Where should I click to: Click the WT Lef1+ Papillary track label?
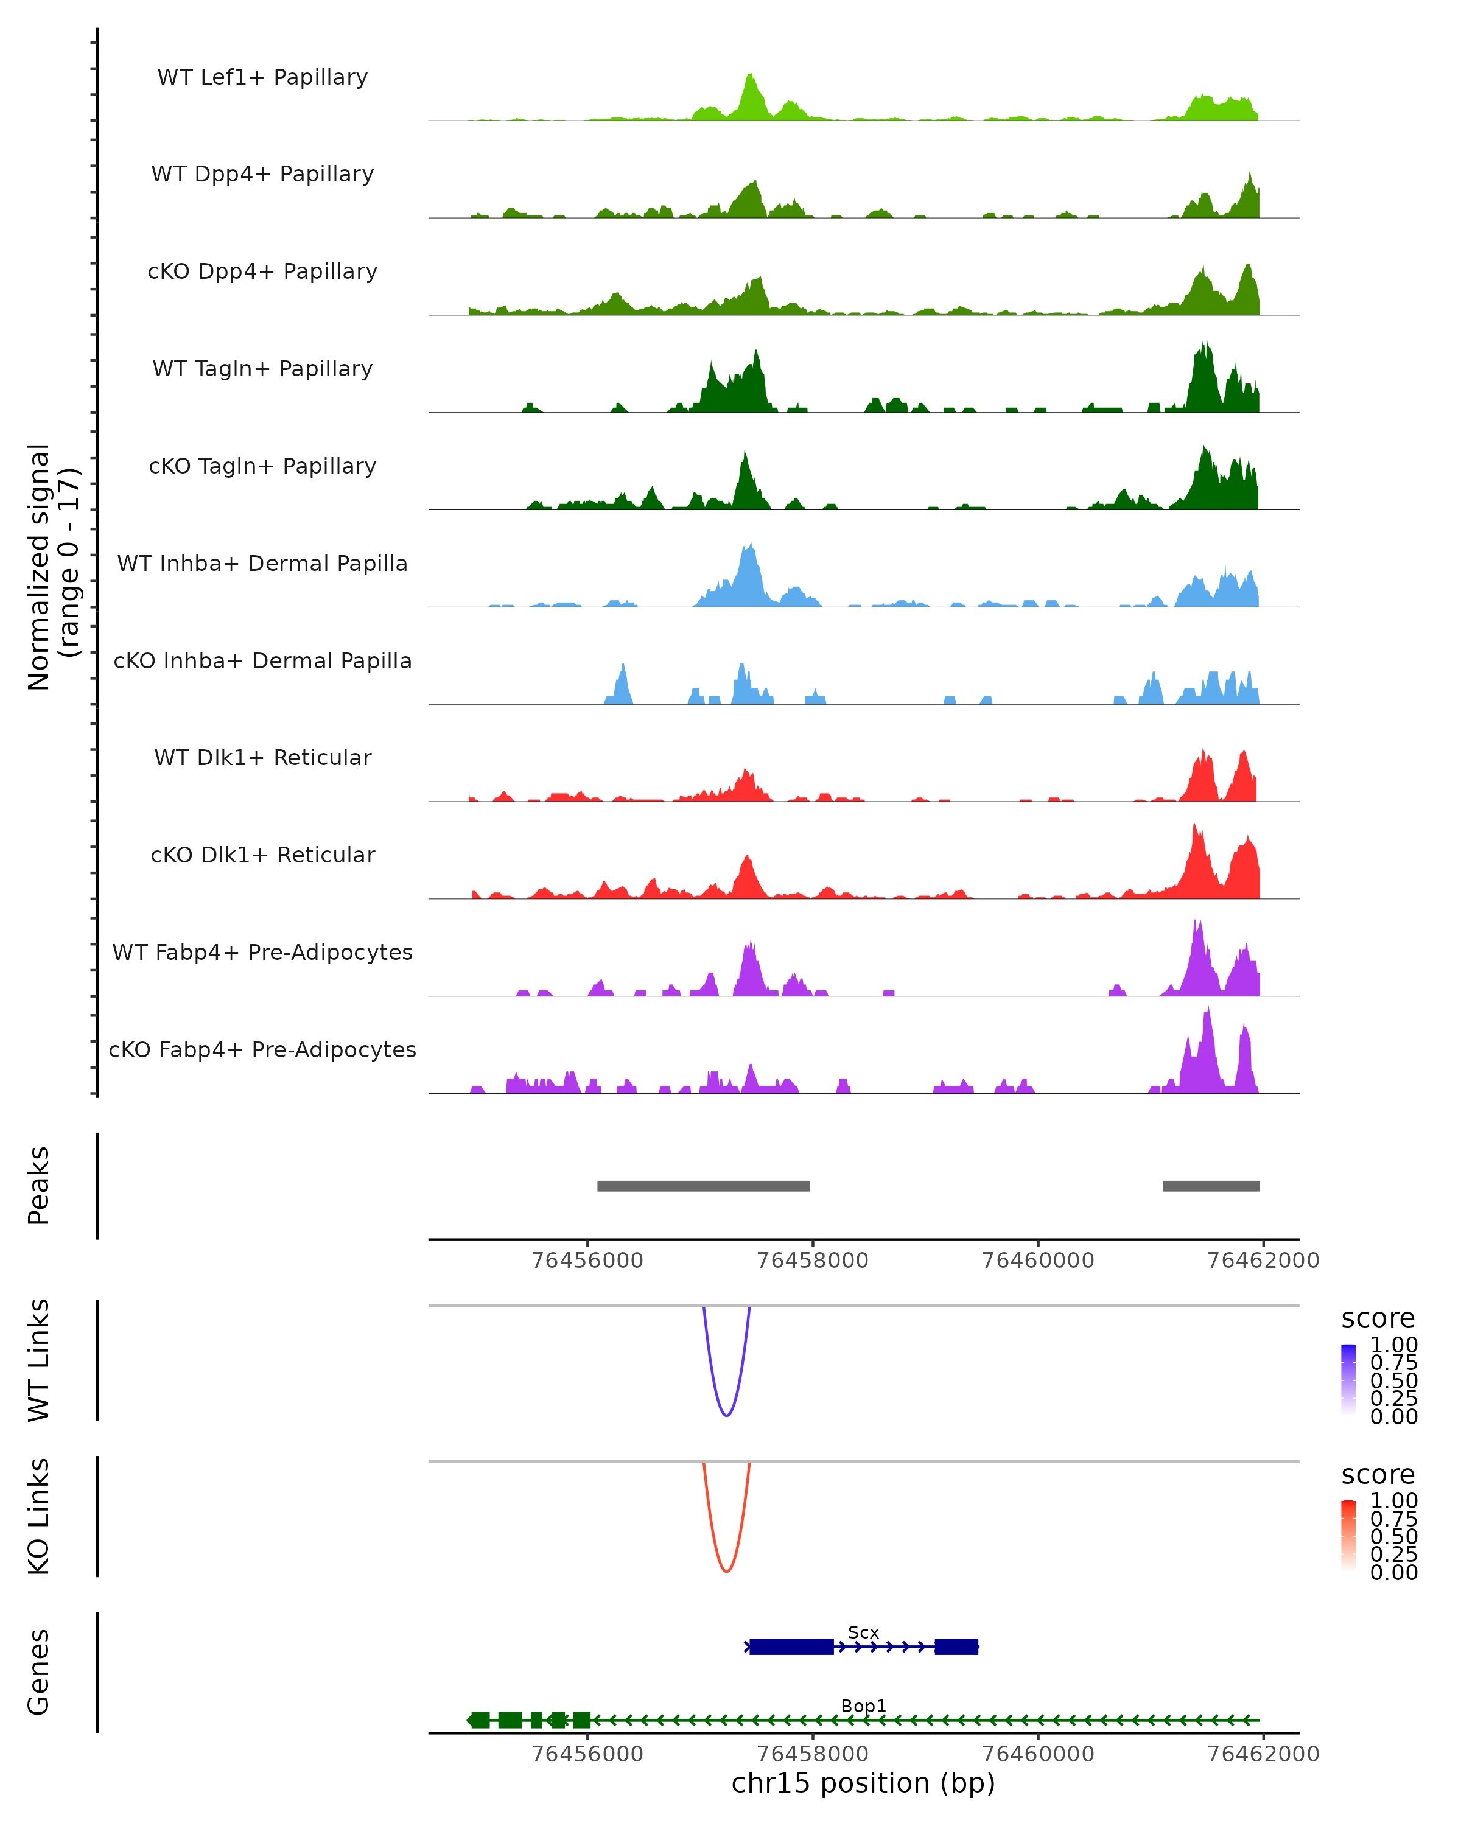coord(262,77)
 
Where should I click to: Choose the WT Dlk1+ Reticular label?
coord(262,757)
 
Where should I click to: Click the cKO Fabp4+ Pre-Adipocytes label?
coord(262,1049)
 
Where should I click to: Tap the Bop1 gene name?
coord(863,1705)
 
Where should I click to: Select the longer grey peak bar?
coord(703,1186)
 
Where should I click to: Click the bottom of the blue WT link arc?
coord(726,1415)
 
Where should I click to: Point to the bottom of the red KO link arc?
coord(726,1571)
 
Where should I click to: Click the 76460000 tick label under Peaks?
coord(1037,1261)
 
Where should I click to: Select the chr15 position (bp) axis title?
coord(863,1783)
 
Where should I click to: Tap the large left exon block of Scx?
coord(791,1646)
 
